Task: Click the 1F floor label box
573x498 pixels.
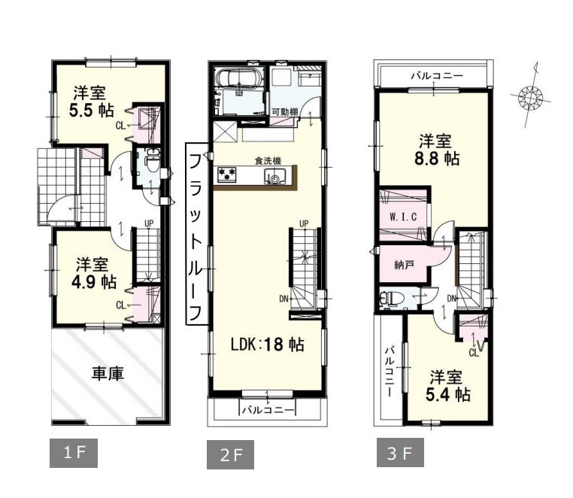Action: click(x=74, y=453)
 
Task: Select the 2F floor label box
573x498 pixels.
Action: click(x=231, y=454)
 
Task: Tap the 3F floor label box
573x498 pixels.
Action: click(x=400, y=453)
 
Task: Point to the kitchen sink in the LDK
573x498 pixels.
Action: click(x=274, y=176)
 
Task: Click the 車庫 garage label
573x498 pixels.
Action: click(x=107, y=374)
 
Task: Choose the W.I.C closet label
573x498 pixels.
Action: click(x=403, y=217)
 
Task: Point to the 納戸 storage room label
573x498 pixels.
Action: click(x=404, y=264)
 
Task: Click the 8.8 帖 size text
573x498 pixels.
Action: click(x=437, y=159)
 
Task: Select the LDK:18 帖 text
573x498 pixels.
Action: click(x=267, y=345)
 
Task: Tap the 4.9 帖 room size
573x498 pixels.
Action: click(x=94, y=282)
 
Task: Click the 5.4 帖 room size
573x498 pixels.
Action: click(x=447, y=394)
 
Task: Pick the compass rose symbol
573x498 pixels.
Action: click(x=530, y=97)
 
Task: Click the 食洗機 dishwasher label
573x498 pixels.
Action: click(x=268, y=160)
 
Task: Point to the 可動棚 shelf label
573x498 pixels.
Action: click(x=285, y=112)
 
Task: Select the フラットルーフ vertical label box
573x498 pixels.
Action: click(x=196, y=234)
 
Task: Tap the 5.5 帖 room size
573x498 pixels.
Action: click(x=91, y=111)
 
